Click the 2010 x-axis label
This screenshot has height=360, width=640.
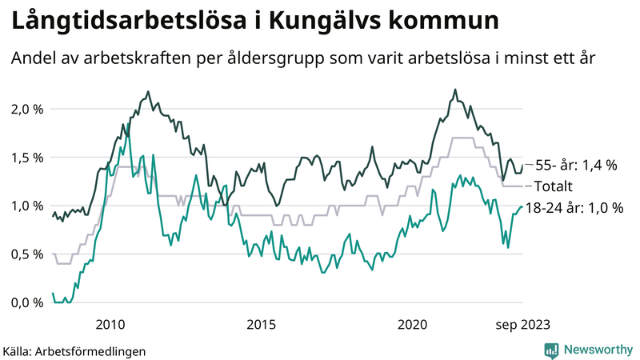[x=110, y=324]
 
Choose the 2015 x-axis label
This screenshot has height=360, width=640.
[x=261, y=324]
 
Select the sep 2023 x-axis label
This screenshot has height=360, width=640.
[x=522, y=324]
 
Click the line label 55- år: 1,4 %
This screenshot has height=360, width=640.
[x=576, y=166]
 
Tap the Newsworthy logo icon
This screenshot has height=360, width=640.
[x=551, y=350]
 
